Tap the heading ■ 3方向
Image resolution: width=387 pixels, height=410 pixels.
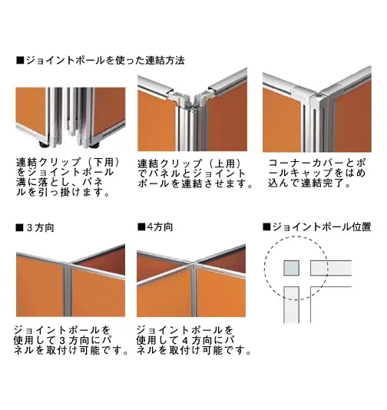[35, 228]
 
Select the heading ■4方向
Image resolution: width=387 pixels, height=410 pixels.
[155, 226]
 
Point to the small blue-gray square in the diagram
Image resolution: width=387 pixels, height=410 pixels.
[292, 268]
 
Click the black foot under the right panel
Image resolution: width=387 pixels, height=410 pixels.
[94, 144]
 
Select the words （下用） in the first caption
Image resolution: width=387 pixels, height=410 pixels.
[104, 163]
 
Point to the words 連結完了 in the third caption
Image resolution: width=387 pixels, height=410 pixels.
[322, 183]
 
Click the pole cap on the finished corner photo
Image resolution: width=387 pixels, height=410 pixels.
[317, 98]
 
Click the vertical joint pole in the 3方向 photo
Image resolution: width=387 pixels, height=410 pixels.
[68, 290]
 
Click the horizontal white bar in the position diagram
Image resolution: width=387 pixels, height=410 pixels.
[331, 268]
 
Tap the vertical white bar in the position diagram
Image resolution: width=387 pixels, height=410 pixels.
[292, 305]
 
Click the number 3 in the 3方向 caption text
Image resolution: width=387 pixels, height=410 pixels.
[62, 340]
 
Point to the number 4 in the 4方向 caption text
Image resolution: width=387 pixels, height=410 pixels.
[185, 340]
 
